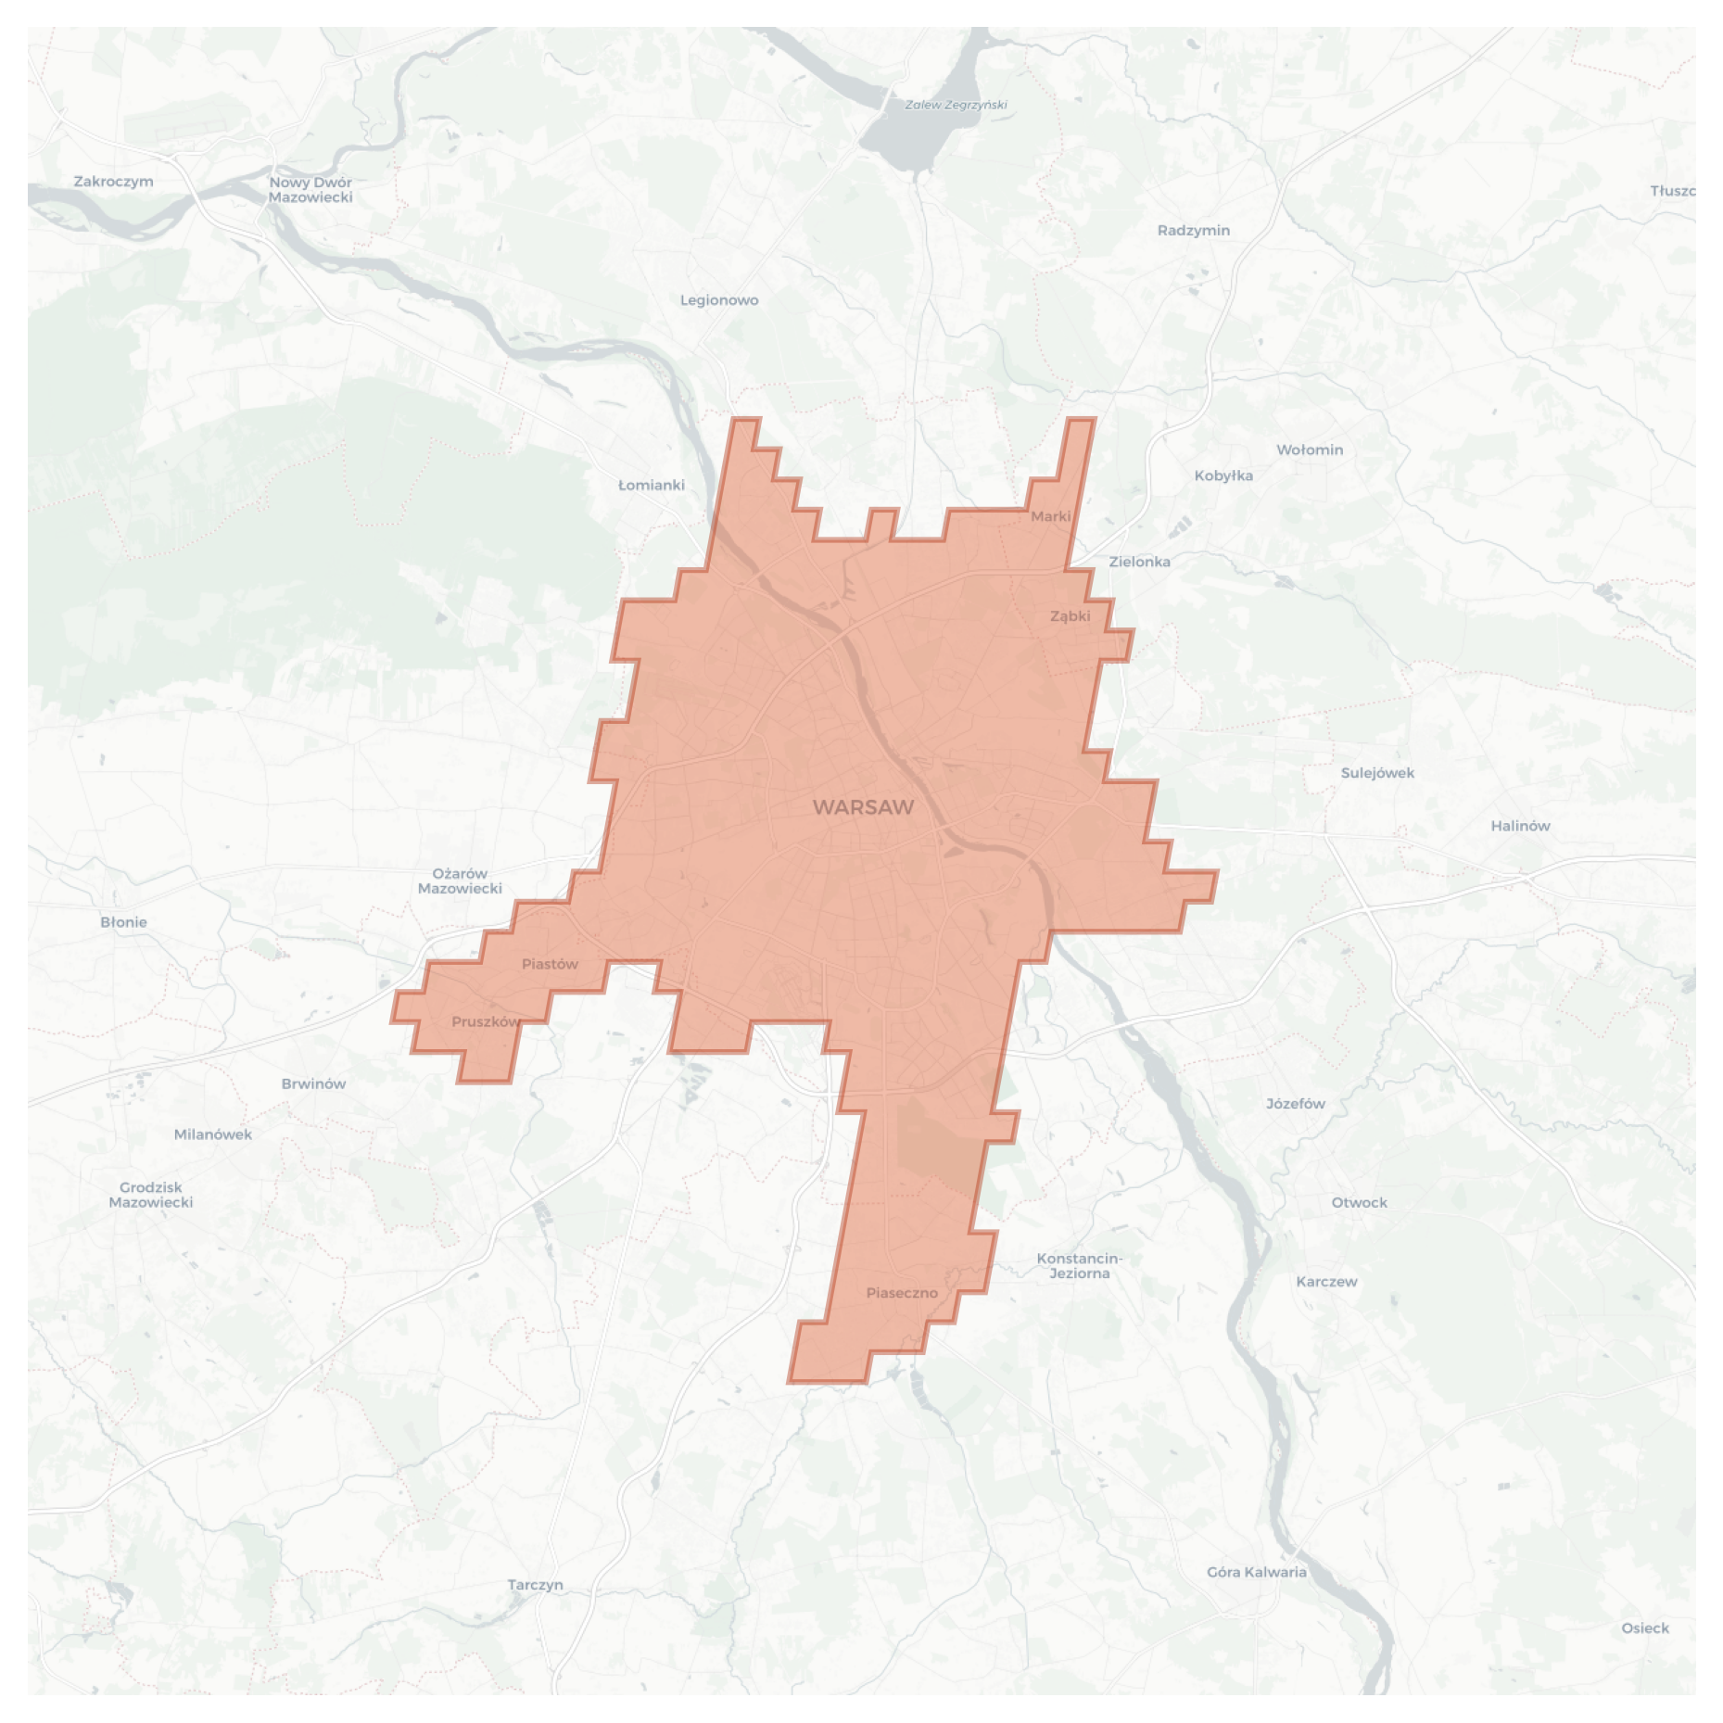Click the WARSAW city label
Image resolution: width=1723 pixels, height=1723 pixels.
coord(863,807)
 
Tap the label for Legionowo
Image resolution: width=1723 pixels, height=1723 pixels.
coord(719,300)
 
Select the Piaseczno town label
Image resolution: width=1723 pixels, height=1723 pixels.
coord(902,1293)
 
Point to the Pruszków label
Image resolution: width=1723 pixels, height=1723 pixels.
coord(486,1021)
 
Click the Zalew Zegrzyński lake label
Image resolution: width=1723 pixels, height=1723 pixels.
coord(956,105)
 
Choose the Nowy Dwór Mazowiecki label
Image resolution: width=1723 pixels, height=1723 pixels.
coord(310,190)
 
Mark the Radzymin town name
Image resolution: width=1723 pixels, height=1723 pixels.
coord(1193,230)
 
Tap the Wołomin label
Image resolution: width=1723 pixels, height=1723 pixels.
coord(1309,450)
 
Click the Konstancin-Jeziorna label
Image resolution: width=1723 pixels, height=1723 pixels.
coord(1079,1266)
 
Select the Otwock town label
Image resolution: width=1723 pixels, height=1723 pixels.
coord(1359,1202)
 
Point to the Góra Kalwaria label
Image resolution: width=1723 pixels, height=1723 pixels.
coord(1256,1572)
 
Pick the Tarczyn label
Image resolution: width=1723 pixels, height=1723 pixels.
coord(535,1585)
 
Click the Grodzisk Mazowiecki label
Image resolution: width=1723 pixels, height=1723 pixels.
coord(151,1195)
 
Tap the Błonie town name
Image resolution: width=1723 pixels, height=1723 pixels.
coord(123,922)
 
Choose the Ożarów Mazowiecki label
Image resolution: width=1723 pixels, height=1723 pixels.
coord(460,881)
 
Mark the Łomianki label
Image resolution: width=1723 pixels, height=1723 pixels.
coord(651,485)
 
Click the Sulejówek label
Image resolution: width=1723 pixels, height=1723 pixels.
coord(1377,773)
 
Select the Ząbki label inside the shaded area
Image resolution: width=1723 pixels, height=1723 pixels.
coord(1070,616)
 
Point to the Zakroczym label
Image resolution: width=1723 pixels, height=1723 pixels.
coord(113,182)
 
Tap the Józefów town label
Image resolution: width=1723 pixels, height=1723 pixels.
coord(1295,1104)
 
